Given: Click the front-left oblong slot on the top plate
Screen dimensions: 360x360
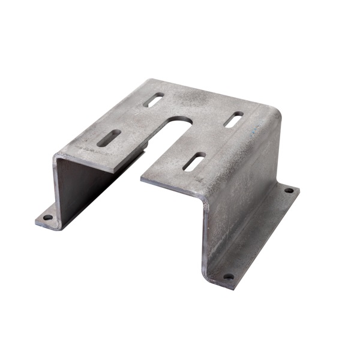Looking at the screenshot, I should tap(109, 138).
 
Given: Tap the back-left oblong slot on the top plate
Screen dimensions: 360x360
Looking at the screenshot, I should tap(154, 100).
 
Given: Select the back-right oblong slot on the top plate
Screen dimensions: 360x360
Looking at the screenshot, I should tap(233, 119).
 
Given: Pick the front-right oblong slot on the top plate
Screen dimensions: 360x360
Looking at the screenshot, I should tap(194, 161).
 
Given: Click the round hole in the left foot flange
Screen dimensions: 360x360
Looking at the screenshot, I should tap(47, 217).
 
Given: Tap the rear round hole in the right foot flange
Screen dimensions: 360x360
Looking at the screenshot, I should tap(289, 190).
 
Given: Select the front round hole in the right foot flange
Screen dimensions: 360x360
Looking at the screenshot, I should tap(228, 277).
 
